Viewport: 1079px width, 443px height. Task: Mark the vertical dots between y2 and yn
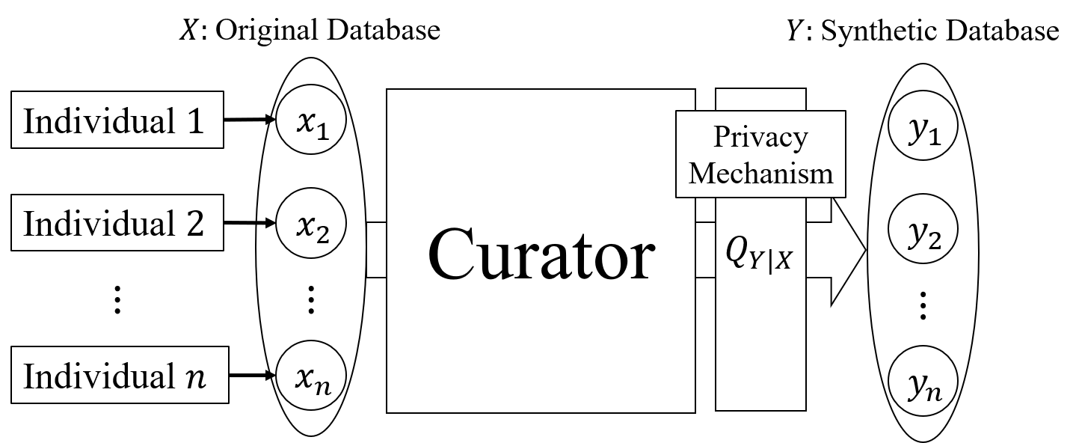pos(923,305)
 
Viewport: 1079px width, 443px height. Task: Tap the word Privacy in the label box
pos(760,138)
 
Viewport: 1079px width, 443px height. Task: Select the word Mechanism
pos(760,173)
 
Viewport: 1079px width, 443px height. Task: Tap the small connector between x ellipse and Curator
pos(376,250)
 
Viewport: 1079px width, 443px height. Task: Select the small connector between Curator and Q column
pos(705,250)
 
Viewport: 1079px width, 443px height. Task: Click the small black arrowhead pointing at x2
pos(270,223)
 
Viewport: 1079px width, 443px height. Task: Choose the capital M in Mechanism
pos(702,173)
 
